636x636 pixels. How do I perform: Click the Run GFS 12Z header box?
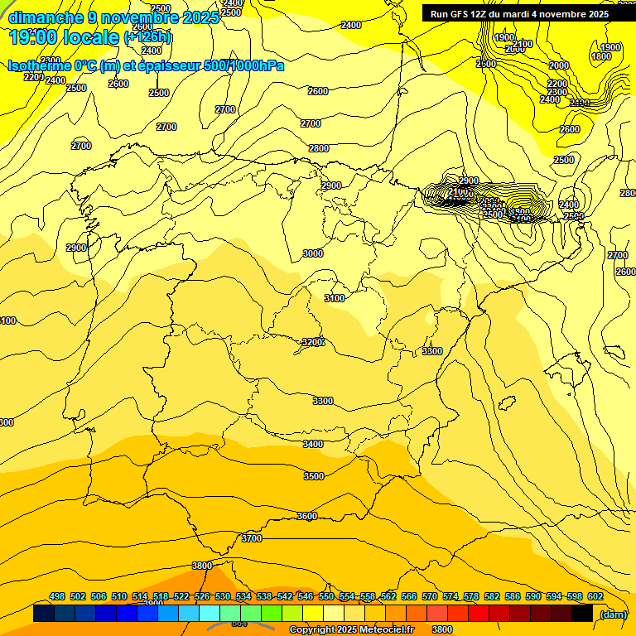pos(519,13)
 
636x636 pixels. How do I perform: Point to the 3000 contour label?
pos(313,253)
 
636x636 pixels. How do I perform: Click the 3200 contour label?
pos(312,342)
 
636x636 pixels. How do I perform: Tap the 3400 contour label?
pos(313,444)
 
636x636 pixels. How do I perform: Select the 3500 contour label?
pos(314,476)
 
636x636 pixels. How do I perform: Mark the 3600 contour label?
pos(306,516)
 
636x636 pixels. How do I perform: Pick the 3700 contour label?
pos(252,538)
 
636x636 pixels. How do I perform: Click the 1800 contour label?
pos(602,56)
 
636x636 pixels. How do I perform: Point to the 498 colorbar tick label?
pos(57,596)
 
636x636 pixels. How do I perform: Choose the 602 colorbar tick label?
pos(595,596)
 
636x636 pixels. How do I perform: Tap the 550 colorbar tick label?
pos(326,596)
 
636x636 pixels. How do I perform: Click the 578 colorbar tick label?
pos(471,596)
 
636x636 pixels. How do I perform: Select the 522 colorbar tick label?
pos(181,596)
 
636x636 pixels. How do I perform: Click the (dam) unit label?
pos(613,614)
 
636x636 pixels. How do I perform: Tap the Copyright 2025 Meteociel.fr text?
pos(352,630)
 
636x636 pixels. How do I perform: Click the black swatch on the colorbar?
pos(582,614)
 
